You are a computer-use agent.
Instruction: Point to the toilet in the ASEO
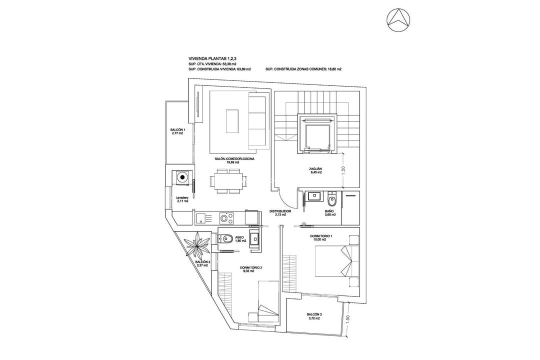click(x=225, y=238)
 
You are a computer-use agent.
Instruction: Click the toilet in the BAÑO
click(x=331, y=201)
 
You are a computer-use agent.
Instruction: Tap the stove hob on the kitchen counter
click(x=225, y=217)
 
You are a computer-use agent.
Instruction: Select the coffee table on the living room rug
click(x=232, y=120)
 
